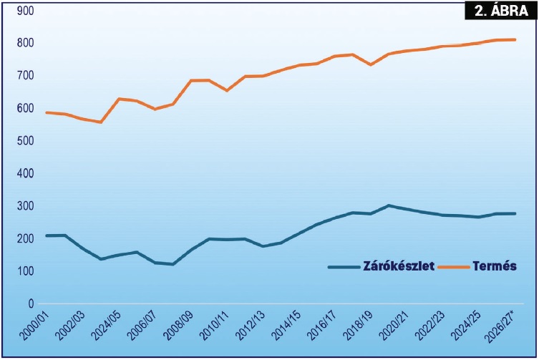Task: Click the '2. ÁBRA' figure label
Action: tap(501, 11)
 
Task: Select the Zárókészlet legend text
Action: tap(399, 266)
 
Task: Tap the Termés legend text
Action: tap(495, 266)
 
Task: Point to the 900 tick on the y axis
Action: tap(26, 11)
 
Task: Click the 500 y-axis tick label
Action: tap(26, 140)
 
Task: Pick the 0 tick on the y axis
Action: tap(31, 303)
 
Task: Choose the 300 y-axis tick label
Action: tap(26, 206)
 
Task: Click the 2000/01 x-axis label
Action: tap(34, 324)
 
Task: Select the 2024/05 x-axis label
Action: tap(106, 324)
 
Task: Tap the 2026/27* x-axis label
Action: tap(500, 326)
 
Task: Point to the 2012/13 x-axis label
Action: tap(250, 324)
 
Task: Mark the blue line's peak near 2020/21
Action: tap(389, 205)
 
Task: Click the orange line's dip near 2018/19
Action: tap(371, 64)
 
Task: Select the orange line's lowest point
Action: tap(101, 122)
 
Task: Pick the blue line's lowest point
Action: tap(173, 264)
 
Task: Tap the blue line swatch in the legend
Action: tap(344, 267)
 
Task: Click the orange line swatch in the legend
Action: tap(454, 267)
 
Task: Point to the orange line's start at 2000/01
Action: tap(47, 112)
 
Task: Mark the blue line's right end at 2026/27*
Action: tap(515, 213)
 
